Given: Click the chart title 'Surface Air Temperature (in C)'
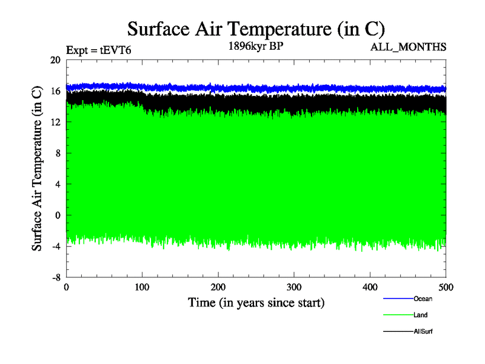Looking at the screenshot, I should coord(256,29).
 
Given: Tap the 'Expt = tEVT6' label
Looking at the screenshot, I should coord(98,51).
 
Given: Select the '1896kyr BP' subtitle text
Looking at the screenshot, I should coord(256,46).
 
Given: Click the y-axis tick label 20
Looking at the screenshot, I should coord(55,60).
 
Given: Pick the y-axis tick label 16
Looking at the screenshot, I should coord(55,91).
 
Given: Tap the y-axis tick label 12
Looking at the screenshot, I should coord(55,122).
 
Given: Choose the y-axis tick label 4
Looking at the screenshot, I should coord(58,184).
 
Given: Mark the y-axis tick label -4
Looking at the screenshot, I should coord(56,246).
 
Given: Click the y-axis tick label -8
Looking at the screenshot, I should coord(56,277).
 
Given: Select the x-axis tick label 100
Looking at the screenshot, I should coord(142,287).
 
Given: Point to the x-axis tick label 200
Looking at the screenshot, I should coord(218,287).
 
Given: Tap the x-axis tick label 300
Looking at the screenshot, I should coord(294,287).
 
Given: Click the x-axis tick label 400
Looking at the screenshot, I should coord(370,287).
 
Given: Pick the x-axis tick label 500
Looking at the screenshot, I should coord(446,287).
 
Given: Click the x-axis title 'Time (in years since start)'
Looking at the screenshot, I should coord(256,302).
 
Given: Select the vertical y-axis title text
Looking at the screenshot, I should coord(37,169).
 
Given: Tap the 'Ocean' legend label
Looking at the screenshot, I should coord(423,298).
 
